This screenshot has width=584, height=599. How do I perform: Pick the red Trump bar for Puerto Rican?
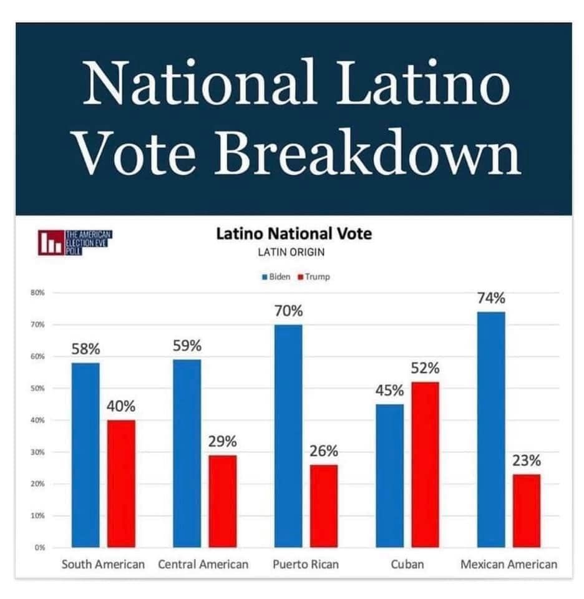point(323,506)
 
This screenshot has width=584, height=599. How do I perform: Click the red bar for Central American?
point(222,501)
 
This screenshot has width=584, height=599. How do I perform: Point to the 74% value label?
point(491,299)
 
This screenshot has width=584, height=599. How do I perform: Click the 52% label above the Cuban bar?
point(425,369)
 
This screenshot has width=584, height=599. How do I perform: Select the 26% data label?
point(324,451)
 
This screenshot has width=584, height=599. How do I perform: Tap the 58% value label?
point(85,349)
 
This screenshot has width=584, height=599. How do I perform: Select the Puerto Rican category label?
point(306,565)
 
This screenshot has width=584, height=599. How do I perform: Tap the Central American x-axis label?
point(203,565)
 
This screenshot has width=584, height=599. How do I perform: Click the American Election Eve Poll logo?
point(75,241)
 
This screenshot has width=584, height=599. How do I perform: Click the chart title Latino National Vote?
point(293,234)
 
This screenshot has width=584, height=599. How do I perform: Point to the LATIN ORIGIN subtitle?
point(293,253)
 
